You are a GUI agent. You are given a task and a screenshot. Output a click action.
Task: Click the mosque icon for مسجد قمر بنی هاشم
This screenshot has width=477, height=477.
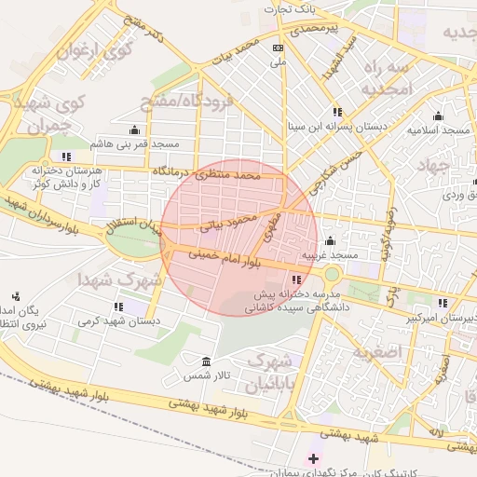pos(135,129)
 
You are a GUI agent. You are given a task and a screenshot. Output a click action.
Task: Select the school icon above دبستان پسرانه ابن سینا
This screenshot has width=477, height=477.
pos(336,111)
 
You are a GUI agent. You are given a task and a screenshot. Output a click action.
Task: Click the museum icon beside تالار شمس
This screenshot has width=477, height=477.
pos(205,361)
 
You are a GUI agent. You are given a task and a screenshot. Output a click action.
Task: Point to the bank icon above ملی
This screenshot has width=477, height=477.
pos(277,48)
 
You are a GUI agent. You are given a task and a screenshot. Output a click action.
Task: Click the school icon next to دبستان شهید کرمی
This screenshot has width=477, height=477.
pos(118,306)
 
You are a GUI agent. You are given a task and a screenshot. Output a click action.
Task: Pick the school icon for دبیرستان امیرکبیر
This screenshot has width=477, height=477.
pos(442,303)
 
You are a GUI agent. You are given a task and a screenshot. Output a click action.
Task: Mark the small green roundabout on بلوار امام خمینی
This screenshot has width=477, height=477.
pos(332,274)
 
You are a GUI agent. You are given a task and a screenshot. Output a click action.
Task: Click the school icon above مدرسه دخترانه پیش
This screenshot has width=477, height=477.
pos(296,279)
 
